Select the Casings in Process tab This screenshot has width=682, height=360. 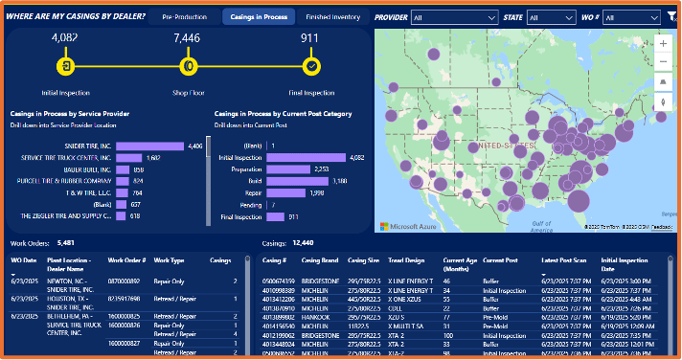tap(258, 17)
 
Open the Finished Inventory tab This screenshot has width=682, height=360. tap(332, 17)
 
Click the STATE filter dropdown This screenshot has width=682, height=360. tap(551, 17)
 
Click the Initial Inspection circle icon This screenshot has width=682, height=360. tap(65, 66)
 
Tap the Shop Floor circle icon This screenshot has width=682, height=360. tap(189, 66)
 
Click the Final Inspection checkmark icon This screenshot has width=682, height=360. tap(311, 66)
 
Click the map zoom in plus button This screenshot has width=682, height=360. tap(664, 43)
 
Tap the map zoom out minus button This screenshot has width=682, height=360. tap(664, 61)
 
